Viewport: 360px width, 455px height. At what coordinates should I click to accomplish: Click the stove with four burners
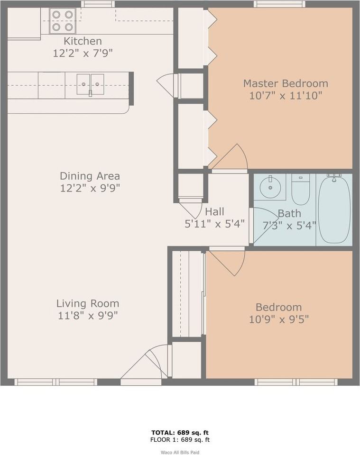click(x=63, y=21)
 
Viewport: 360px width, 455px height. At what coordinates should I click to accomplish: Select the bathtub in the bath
click(x=334, y=209)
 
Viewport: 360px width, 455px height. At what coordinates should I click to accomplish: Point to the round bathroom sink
click(x=270, y=187)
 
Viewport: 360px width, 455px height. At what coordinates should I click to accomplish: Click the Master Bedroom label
click(x=285, y=83)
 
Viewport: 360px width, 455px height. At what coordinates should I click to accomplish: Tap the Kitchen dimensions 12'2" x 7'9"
click(x=83, y=53)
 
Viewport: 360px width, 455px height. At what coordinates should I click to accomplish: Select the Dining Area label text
click(x=90, y=176)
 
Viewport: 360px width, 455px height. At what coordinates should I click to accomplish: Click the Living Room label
click(x=88, y=303)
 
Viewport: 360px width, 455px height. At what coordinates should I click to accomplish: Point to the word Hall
click(x=214, y=211)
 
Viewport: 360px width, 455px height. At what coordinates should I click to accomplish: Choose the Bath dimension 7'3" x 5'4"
click(x=289, y=225)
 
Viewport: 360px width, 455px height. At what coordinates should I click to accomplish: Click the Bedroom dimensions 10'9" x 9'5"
click(x=278, y=319)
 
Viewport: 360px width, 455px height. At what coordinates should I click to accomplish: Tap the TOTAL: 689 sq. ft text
click(x=180, y=432)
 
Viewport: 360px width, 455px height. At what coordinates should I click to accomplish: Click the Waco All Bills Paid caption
click(x=180, y=452)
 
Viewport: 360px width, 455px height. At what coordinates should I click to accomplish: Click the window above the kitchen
click(x=97, y=4)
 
